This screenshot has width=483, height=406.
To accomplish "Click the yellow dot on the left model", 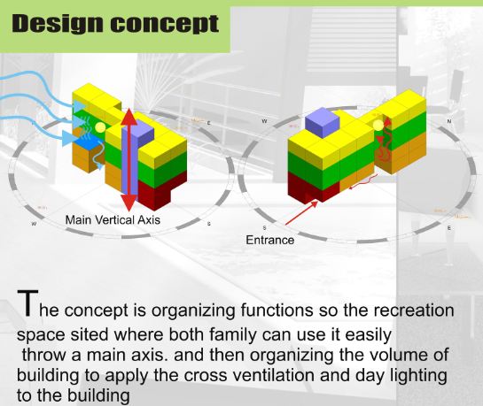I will tap(100, 127).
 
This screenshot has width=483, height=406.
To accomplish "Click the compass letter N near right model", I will tap(449, 119).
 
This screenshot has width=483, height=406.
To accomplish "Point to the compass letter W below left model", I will tap(34, 225).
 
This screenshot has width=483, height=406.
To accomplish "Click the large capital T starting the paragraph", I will tap(20, 302).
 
